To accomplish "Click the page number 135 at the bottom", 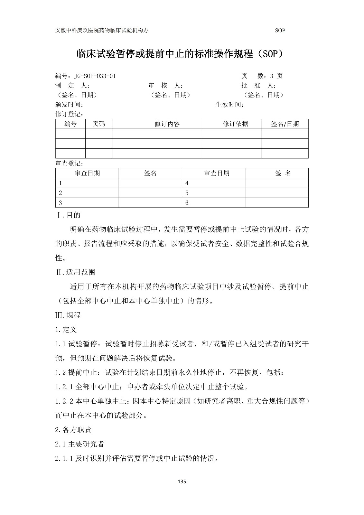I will (182, 482).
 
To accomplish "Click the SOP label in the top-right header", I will (280, 31).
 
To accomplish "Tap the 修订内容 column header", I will (167, 124).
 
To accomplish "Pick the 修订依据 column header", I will (235, 124).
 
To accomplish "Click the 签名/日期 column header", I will (285, 124).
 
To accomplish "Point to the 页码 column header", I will (98, 124).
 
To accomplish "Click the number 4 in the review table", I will (187, 183).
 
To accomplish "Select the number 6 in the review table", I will (187, 203).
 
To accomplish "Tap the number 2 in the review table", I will (60, 193).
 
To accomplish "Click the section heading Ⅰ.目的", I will (69, 215).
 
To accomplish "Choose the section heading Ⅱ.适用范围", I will (75, 272).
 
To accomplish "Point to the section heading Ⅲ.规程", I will (68, 315).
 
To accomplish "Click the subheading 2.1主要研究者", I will (79, 444).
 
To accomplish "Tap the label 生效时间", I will (229, 105).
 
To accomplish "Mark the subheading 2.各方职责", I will (73, 430).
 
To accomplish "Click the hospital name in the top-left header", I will (102, 31).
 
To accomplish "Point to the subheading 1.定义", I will (66, 330).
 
